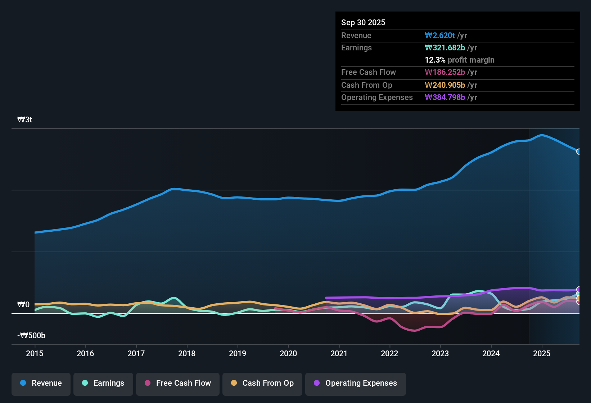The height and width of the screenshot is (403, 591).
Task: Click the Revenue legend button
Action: pyautogui.click(x=41, y=383)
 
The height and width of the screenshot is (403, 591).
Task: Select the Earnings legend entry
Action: pyautogui.click(x=103, y=383)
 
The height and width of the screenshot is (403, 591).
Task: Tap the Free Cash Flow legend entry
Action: pyautogui.click(x=178, y=383)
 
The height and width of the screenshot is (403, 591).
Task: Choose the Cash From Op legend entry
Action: pyautogui.click(x=262, y=383)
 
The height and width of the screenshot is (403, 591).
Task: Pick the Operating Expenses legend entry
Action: pyautogui.click(x=356, y=383)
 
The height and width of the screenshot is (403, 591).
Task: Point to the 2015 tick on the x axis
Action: pyautogui.click(x=35, y=353)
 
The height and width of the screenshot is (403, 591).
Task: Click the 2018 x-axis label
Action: pyautogui.click(x=187, y=353)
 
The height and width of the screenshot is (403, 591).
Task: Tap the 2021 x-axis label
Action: pyautogui.click(x=339, y=353)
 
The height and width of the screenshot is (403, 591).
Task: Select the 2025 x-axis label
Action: pyautogui.click(x=541, y=353)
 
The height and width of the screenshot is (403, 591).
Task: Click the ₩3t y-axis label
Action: pyautogui.click(x=25, y=120)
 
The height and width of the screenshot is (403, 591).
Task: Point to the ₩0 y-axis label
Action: pyautogui.click(x=23, y=305)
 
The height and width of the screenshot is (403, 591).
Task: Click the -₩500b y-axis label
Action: pyautogui.click(x=31, y=336)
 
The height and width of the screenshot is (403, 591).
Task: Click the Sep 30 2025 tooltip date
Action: pyautogui.click(x=363, y=22)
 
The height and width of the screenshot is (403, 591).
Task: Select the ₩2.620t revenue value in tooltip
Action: pyautogui.click(x=439, y=35)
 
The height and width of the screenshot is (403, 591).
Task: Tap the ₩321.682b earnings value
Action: pyautogui.click(x=445, y=47)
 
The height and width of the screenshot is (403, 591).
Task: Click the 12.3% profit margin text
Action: pyautogui.click(x=459, y=60)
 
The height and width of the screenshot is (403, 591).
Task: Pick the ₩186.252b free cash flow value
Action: pyautogui.click(x=445, y=72)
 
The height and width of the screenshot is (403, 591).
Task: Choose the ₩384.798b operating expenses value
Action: pyautogui.click(x=445, y=97)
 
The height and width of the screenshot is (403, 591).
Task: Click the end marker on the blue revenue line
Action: pyautogui.click(x=579, y=151)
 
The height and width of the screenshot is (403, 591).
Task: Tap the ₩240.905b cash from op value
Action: pyautogui.click(x=445, y=85)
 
